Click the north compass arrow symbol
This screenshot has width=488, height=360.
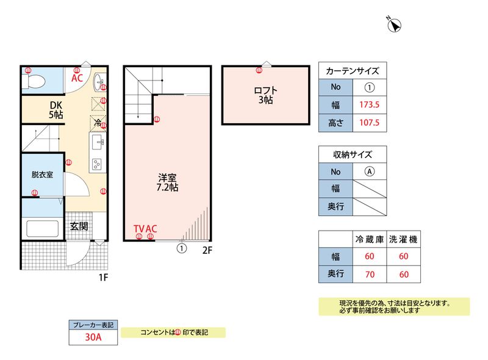tap(395, 24)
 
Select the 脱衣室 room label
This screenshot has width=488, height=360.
tap(42, 175)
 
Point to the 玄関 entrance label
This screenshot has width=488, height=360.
tap(78, 226)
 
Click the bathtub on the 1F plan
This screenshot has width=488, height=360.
tap(44, 229)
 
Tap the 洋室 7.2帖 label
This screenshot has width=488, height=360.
tap(168, 183)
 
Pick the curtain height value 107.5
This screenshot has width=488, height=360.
tap(370, 123)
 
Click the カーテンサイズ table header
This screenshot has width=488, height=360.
tap(353, 70)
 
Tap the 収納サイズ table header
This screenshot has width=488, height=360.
tap(353, 154)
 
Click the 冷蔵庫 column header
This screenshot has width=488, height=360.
tap(369, 239)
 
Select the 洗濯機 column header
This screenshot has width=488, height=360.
tap(403, 239)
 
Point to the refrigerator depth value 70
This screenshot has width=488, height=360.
tap(369, 274)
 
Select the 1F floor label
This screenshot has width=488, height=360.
tap(104, 278)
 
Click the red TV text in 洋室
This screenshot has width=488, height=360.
tap(139, 229)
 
